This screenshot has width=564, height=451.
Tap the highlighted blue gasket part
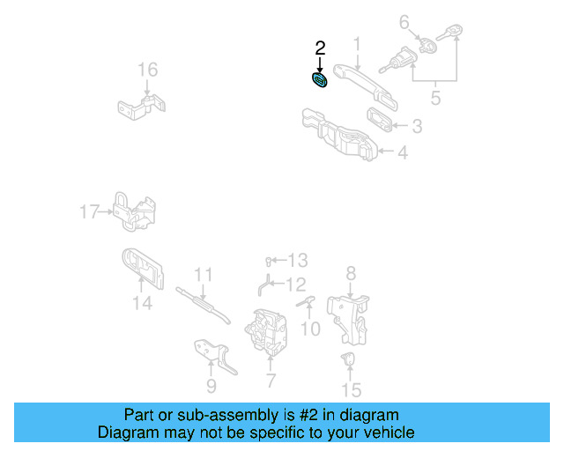click(x=320, y=81)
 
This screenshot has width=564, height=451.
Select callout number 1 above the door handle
click(x=358, y=43)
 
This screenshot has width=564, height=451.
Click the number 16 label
click(x=147, y=70)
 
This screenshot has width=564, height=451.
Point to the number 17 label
click(x=89, y=211)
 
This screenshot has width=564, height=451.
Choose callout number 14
click(x=143, y=304)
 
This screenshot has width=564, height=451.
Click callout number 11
click(x=204, y=274)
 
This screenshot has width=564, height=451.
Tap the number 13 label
click(x=299, y=260)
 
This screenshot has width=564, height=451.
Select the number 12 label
click(x=295, y=284)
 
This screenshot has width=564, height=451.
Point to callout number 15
click(x=351, y=388)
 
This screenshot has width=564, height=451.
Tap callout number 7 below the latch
click(x=270, y=381)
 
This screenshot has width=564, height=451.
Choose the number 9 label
click(x=211, y=385)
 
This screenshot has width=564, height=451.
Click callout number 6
click(x=404, y=21)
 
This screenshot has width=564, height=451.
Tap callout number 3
click(x=416, y=127)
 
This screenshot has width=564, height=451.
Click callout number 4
click(x=402, y=152)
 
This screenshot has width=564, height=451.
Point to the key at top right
click(x=455, y=34)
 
